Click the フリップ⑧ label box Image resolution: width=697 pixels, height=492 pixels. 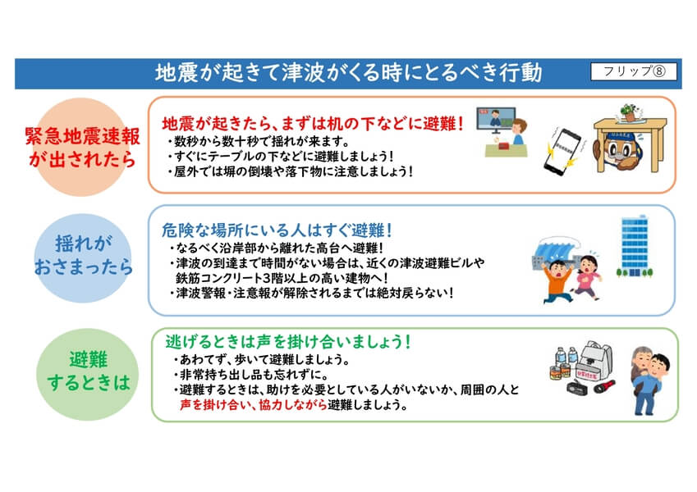pyautogui.click(x=634, y=71)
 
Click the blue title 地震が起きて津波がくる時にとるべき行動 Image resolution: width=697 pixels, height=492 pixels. pyautogui.click(x=348, y=73)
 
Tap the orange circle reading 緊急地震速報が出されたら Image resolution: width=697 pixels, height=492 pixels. pyautogui.click(x=82, y=147)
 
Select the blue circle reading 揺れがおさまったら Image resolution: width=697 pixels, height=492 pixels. pyautogui.click(x=83, y=258)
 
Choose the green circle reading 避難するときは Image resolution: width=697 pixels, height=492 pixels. pyautogui.click(x=88, y=374)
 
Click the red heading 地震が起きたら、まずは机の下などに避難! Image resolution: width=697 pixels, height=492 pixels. pyautogui.click(x=313, y=124)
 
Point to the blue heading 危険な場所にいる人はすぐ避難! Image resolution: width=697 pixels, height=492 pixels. pyautogui.click(x=277, y=230)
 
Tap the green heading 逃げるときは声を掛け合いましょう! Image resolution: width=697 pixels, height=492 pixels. pyautogui.click(x=288, y=341)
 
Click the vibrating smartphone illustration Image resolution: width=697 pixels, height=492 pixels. pyautogui.click(x=562, y=151)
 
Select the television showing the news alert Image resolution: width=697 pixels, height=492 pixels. pyautogui.click(x=496, y=119)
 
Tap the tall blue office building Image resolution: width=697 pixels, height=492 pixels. pyautogui.click(x=635, y=245)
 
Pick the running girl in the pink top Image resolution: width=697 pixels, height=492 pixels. pyautogui.click(x=587, y=276)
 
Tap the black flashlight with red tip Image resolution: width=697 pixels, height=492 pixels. pyautogui.click(x=604, y=386)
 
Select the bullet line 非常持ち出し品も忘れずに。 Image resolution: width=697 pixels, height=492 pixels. pyautogui.click(x=251, y=374)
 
